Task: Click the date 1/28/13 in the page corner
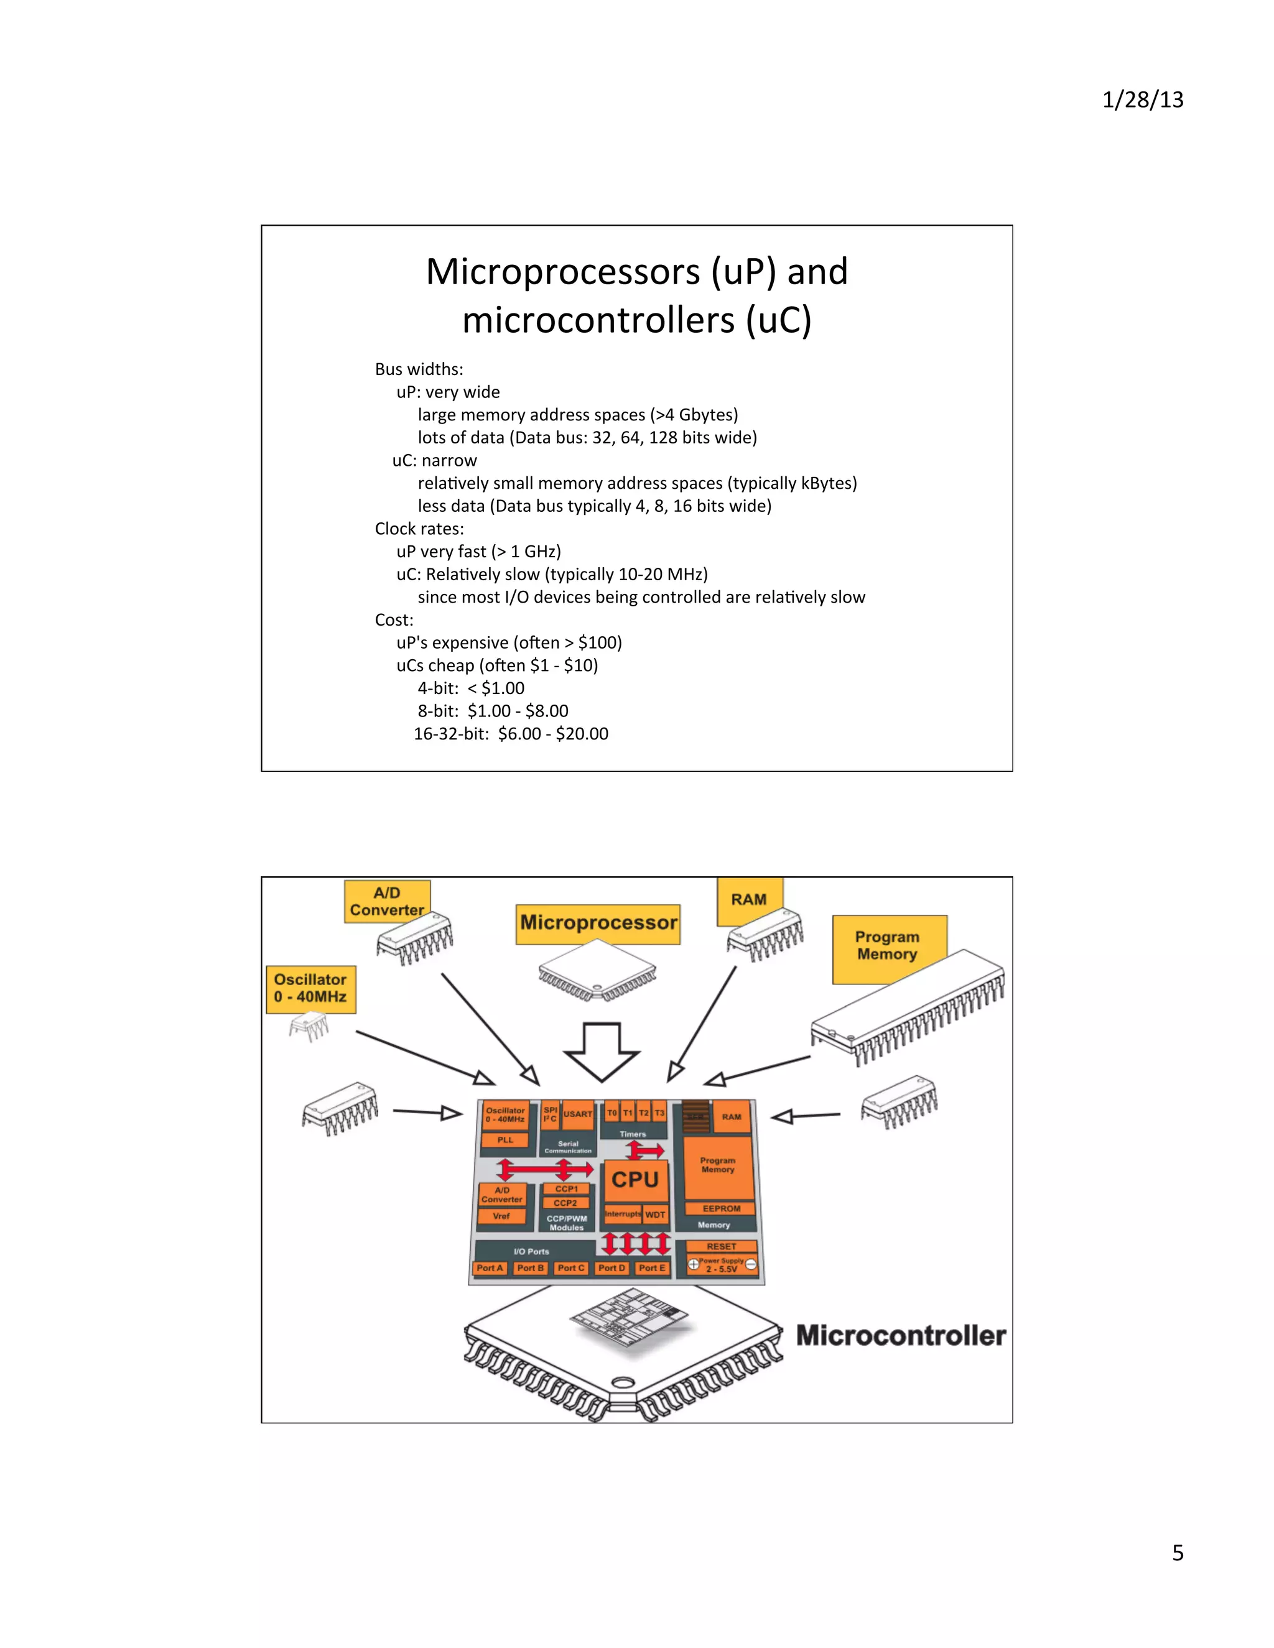(x=1142, y=100)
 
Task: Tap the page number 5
(x=1178, y=1552)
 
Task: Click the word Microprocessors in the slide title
(x=563, y=272)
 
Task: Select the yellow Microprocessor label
(x=598, y=923)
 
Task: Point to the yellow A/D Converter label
(x=386, y=901)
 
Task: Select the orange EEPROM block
(x=721, y=1208)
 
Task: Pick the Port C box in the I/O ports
(x=570, y=1267)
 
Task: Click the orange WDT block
(x=655, y=1214)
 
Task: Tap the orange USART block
(x=578, y=1114)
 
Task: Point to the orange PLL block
(x=505, y=1140)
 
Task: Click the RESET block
(x=721, y=1246)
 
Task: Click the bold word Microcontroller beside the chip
(x=900, y=1336)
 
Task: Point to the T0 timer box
(x=612, y=1113)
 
